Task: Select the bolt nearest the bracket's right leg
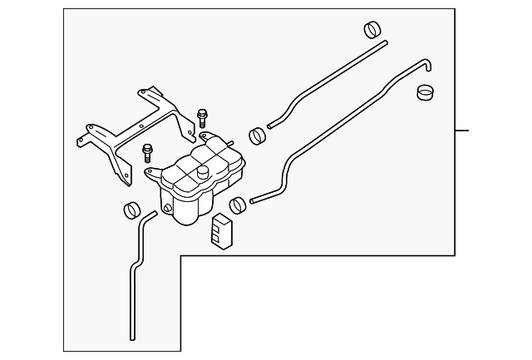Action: pos(201,116)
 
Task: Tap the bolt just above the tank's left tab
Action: pos(147,153)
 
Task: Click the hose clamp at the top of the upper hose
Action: pos(373,31)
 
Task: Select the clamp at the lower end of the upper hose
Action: pos(258,134)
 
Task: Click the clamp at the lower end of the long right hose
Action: pos(239,203)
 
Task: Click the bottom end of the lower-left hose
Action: pos(132,338)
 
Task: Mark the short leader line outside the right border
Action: pos(462,131)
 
